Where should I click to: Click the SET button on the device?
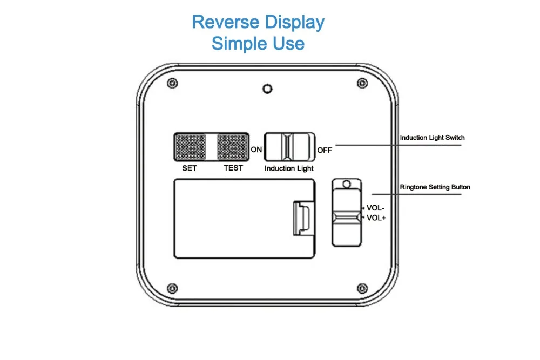point(191,147)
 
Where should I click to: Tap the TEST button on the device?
point(233,147)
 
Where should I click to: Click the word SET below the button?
point(190,168)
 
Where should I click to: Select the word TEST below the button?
point(233,168)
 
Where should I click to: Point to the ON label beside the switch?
point(256,150)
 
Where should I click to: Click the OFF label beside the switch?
point(325,151)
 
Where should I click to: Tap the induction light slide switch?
point(289,147)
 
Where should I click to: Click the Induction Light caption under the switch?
point(289,168)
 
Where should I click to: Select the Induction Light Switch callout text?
point(432,138)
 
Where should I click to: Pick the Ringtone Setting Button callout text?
point(435,187)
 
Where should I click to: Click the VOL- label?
point(375,208)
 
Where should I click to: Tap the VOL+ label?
point(376,218)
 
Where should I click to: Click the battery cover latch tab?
point(303,218)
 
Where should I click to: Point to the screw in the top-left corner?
point(173,83)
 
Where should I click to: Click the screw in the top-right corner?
point(362,83)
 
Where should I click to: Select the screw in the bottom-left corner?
point(173,288)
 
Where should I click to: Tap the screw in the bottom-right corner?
point(362,288)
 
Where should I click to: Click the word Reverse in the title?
point(226,22)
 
